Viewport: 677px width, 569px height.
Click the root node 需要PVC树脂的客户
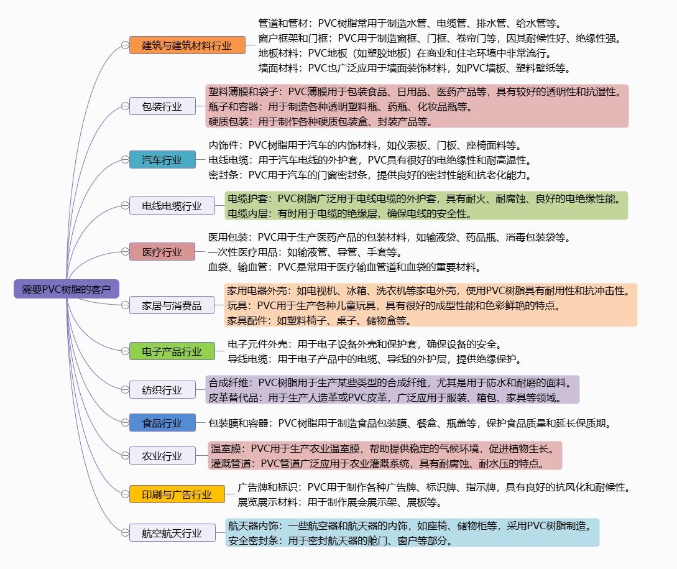[x=67, y=289]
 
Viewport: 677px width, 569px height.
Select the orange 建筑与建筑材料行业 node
[x=187, y=45]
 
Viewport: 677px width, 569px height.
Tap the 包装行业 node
[x=162, y=106]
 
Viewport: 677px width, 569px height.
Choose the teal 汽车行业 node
[x=162, y=160]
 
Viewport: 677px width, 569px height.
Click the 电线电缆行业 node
[x=172, y=206]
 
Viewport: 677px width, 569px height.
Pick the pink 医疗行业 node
[x=162, y=251]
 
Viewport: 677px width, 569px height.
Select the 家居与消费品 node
[x=172, y=305]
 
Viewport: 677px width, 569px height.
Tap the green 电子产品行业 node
[x=172, y=351]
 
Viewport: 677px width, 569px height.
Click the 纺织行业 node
[x=162, y=389]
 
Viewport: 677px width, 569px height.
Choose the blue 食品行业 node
[x=162, y=422]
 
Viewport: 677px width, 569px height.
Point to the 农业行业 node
[x=162, y=455]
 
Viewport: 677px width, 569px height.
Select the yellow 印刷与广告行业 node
[x=177, y=494]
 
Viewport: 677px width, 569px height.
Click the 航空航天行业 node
[x=172, y=533]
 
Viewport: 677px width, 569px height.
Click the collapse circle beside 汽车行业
[x=125, y=160]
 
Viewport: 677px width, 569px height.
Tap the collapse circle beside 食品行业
[x=125, y=422]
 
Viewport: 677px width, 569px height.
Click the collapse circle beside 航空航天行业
[x=125, y=533]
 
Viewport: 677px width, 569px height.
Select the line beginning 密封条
[x=371, y=175]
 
